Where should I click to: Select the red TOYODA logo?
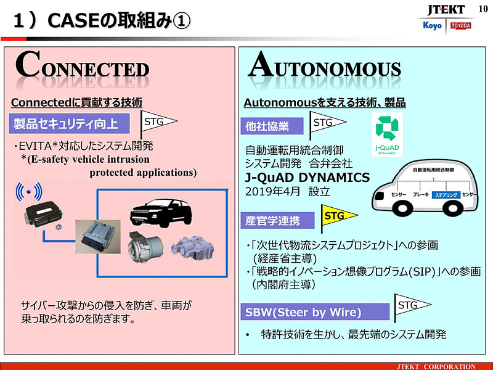pos(460,25)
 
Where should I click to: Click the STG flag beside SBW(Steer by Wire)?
pos(410,306)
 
